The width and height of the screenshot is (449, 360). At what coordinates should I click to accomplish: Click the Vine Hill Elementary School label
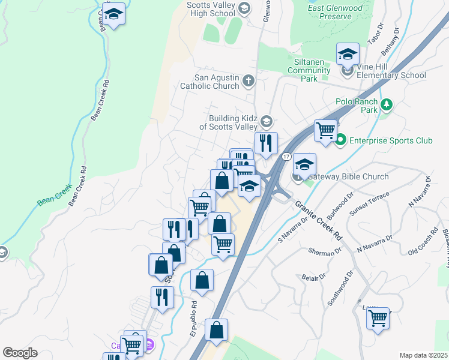[x=391, y=71]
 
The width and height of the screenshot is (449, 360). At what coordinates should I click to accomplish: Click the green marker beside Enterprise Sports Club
[x=341, y=141]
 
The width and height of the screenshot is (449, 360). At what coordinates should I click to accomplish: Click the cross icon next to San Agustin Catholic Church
[x=248, y=80]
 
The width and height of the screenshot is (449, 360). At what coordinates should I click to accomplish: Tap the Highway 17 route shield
[x=286, y=157]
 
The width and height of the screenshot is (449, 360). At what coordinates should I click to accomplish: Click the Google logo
[x=20, y=353]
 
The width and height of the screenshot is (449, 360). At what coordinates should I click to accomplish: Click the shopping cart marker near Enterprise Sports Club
[x=325, y=130]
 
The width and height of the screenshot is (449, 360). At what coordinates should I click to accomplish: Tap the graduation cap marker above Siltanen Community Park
[x=347, y=54]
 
